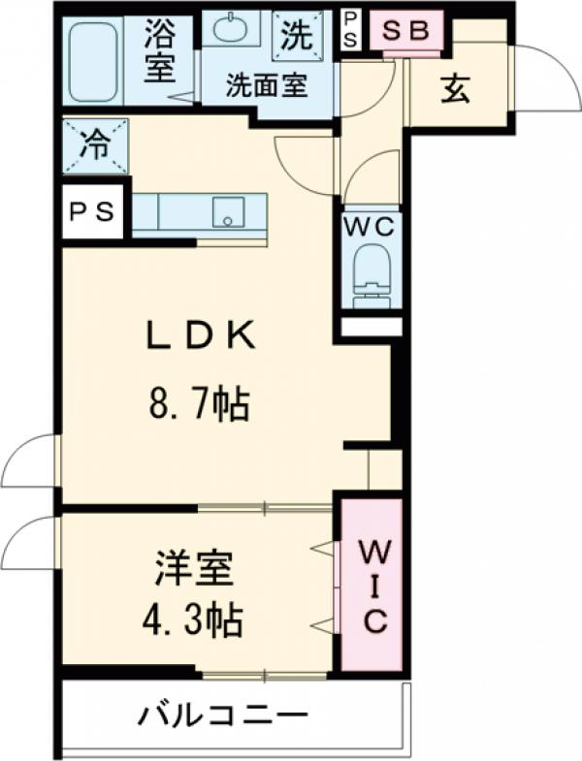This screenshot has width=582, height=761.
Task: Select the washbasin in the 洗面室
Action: tap(230, 30)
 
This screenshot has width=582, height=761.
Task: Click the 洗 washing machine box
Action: tap(294, 36)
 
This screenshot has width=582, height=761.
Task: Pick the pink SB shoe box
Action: tap(405, 30)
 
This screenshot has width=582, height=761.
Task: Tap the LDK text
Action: tap(200, 336)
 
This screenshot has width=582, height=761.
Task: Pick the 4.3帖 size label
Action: tap(198, 618)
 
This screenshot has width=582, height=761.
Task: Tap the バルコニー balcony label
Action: tap(223, 718)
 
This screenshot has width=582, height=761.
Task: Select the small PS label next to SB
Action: tap(350, 30)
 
